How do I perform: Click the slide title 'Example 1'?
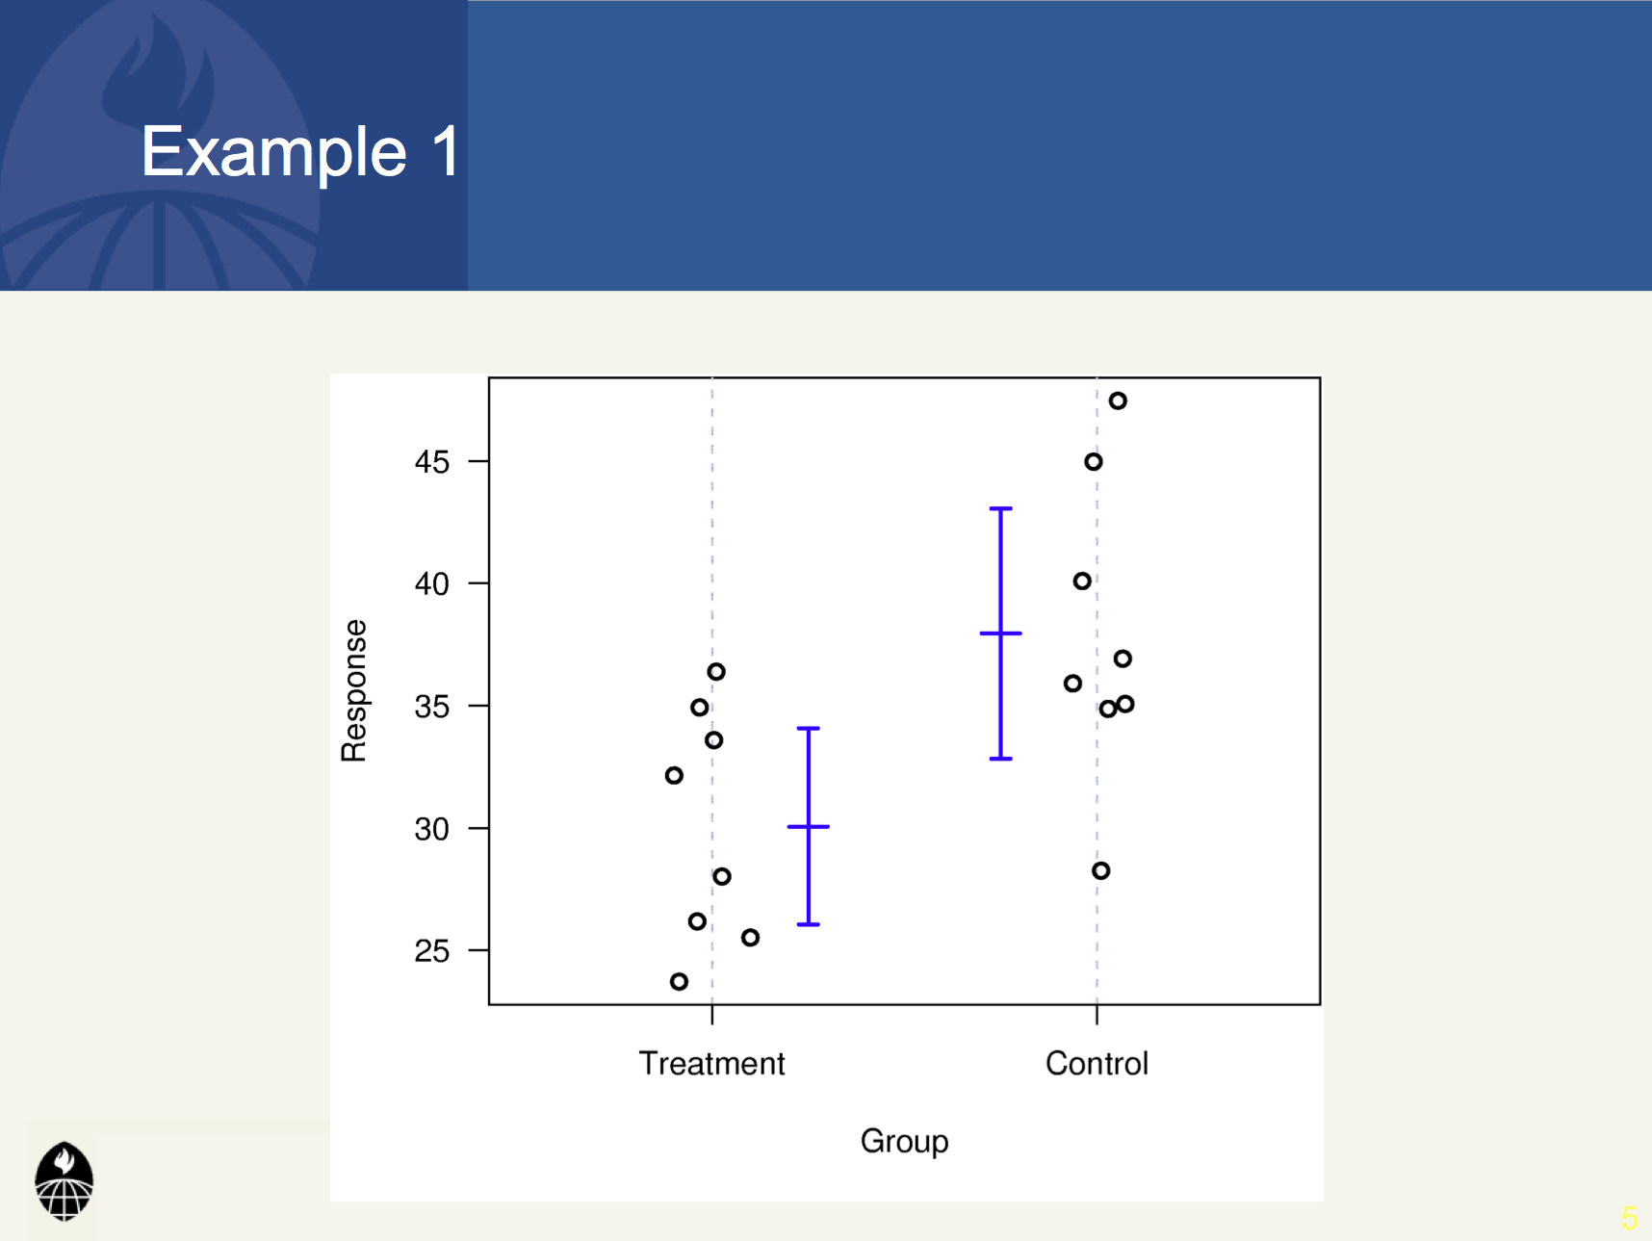click(x=300, y=151)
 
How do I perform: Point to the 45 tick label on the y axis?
click(x=432, y=462)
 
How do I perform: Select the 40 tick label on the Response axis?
click(x=432, y=583)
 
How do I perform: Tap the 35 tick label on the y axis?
click(x=432, y=707)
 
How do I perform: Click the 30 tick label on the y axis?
click(x=432, y=829)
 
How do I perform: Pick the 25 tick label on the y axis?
click(x=432, y=951)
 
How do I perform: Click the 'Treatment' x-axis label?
click(x=711, y=1063)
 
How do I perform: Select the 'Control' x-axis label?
click(x=1097, y=1063)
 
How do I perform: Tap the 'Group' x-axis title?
click(x=904, y=1142)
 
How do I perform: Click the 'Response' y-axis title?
click(x=354, y=690)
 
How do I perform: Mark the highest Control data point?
click(x=1118, y=401)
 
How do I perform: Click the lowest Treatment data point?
click(x=679, y=982)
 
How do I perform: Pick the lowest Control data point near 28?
click(x=1101, y=870)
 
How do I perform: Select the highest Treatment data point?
click(x=716, y=671)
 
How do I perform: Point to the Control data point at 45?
click(x=1094, y=462)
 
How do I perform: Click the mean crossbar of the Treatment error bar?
click(x=809, y=826)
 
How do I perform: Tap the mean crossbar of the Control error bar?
click(x=1001, y=633)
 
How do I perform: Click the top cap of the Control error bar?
click(x=1001, y=508)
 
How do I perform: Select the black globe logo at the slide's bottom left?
click(x=65, y=1181)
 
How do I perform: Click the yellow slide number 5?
click(x=1629, y=1218)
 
